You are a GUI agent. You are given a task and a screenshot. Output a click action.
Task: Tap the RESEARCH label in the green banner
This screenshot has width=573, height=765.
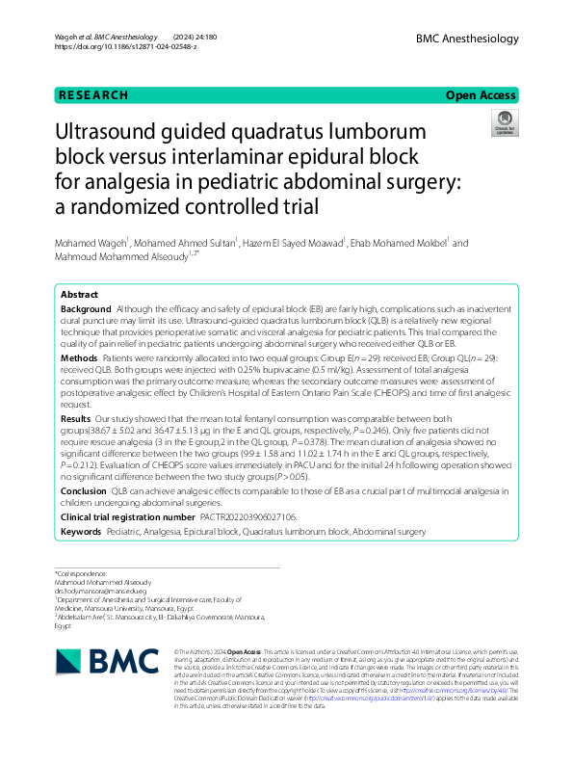[x=93, y=95]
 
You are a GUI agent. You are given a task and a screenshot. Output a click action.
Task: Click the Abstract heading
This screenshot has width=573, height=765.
[x=79, y=295]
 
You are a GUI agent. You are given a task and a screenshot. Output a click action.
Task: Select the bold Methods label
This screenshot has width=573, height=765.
[x=79, y=356]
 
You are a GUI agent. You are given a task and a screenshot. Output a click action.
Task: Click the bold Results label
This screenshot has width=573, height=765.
[x=76, y=420]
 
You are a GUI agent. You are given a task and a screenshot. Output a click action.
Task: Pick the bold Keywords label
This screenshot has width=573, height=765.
[x=81, y=531]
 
